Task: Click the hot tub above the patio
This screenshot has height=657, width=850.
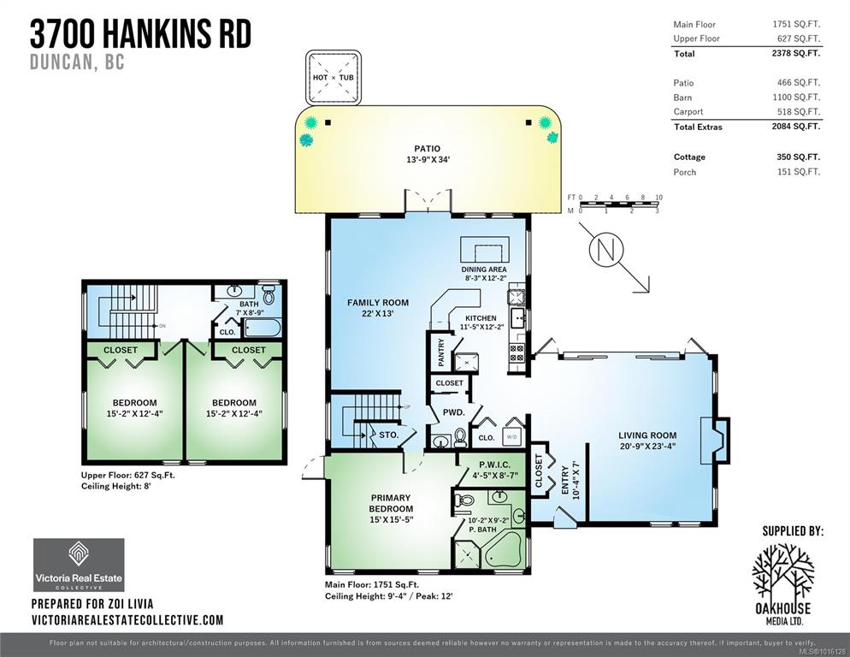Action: click(334, 78)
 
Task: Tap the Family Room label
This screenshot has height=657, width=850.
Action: click(378, 303)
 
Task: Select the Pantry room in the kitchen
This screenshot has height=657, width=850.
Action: click(440, 352)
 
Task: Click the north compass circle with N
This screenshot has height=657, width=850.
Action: click(606, 249)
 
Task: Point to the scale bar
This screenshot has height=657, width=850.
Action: click(618, 204)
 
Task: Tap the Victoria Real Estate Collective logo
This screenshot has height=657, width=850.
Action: click(80, 565)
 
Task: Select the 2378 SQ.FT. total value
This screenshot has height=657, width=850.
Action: click(796, 53)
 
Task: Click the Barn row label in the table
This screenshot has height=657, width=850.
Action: click(682, 98)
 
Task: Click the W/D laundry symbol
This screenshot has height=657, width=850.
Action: click(512, 435)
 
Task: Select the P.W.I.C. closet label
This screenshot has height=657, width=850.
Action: click(494, 465)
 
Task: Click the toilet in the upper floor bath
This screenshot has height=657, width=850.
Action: click(269, 294)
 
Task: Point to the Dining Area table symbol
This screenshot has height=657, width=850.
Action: click(485, 249)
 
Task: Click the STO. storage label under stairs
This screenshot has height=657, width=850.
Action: click(389, 435)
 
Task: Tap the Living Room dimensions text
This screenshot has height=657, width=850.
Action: click(647, 447)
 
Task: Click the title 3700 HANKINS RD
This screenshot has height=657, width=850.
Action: click(141, 33)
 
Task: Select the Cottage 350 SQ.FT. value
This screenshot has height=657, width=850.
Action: click(799, 157)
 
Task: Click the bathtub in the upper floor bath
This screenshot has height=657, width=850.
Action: click(263, 328)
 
